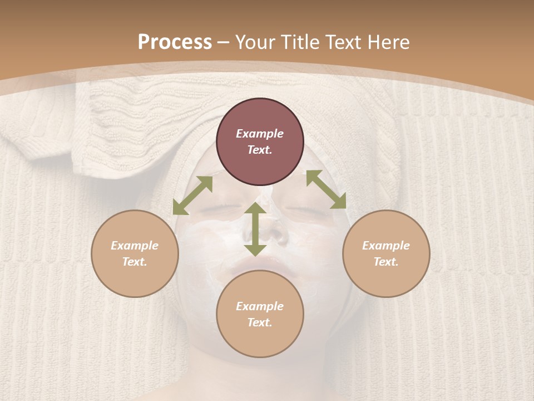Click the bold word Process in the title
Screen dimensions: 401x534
pos(175,42)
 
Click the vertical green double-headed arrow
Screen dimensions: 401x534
pos(255,229)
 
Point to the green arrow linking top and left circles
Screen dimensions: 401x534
pos(192,195)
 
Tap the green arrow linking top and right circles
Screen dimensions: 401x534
pos(326,189)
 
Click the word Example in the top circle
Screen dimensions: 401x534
pos(260,134)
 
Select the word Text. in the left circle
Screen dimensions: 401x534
pos(135,262)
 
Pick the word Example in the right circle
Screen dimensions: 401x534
pos(386,246)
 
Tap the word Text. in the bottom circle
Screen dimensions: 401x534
pos(260,322)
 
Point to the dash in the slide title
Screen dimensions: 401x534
pos(224,43)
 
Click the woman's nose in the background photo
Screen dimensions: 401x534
pos(273,228)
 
